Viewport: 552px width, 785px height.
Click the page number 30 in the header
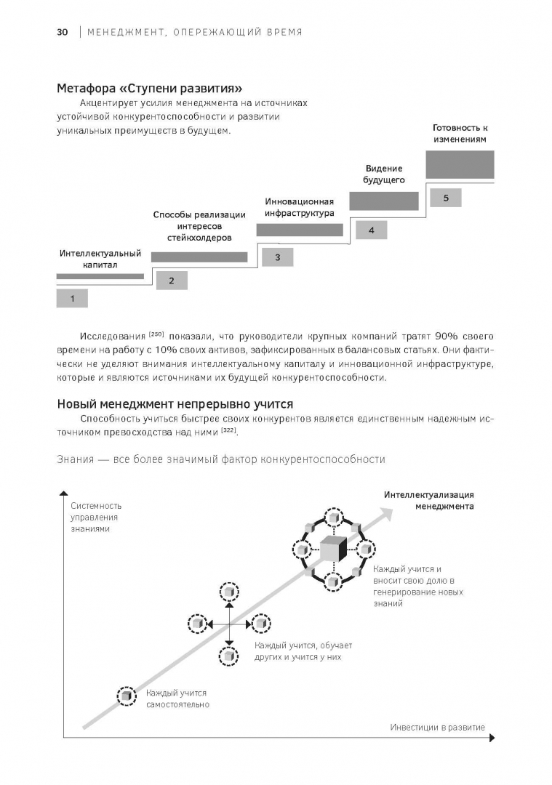click(63, 32)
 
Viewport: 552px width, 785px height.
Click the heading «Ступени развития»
click(149, 89)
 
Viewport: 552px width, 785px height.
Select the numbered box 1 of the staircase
click(72, 299)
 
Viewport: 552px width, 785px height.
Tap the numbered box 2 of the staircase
click(171, 281)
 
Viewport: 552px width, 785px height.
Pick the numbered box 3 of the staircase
click(277, 257)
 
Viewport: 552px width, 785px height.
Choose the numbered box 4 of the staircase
click(371, 230)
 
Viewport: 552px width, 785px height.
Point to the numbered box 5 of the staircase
click(445, 198)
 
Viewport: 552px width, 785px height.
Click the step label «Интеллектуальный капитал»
click(100, 260)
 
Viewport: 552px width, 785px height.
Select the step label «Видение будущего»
click(384, 174)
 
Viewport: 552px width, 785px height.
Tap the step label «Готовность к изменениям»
click(460, 133)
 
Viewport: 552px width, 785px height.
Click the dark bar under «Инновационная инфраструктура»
click(300, 230)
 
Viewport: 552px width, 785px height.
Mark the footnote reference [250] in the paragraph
click(156, 334)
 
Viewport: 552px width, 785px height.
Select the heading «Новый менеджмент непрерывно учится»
click(175, 404)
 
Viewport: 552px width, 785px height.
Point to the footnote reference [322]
click(228, 432)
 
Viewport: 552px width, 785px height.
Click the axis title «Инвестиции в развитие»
click(437, 727)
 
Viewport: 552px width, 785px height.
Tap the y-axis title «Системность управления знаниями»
click(96, 517)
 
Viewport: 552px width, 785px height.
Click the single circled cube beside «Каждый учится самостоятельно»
click(127, 696)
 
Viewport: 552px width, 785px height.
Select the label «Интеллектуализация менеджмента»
click(429, 500)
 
